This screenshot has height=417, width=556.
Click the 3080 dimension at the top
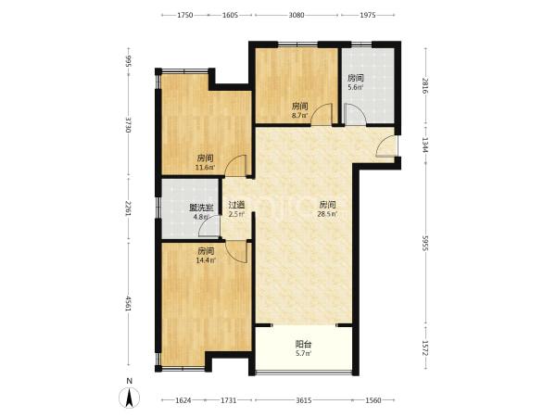pos(297,15)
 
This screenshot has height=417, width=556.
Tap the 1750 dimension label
pos(184,15)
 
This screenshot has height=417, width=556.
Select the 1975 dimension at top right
pos(368,15)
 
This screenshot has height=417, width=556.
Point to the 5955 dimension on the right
pos(425,243)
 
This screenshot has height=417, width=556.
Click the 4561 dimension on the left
pos(128,304)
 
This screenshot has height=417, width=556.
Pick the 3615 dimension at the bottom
pos(304,400)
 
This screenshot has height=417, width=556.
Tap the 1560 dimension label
pos(373,400)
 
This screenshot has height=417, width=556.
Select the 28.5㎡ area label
pos(328,214)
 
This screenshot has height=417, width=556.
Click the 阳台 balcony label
pos(303,344)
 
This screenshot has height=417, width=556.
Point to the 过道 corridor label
pos(236,205)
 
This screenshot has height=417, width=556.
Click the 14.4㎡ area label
pos(206,260)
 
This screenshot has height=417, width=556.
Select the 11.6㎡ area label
pos(206,168)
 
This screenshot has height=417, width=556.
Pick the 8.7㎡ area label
pos(299,115)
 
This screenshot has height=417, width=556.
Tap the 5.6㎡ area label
pos(355,87)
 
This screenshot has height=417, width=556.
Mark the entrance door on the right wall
pos(387,145)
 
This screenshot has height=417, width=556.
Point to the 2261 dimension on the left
pos(128,208)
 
